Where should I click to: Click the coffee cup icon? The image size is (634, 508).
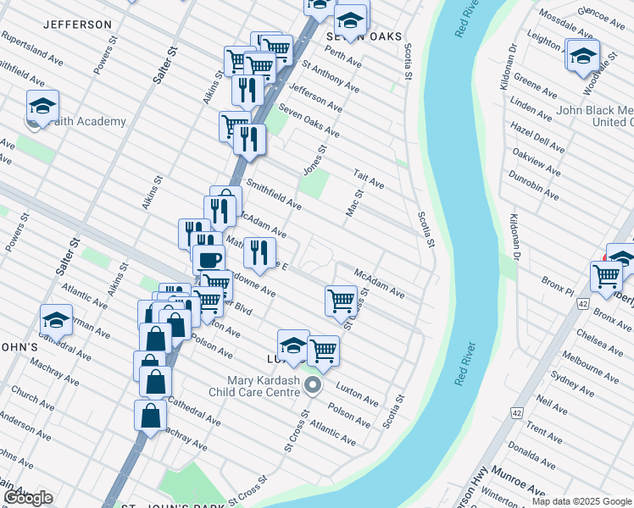tap(209, 259)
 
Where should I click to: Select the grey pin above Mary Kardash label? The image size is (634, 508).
tap(314, 387)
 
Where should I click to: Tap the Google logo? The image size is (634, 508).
tap(28, 498)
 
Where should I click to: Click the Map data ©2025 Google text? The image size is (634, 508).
tap(581, 501)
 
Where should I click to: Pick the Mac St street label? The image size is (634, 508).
tap(353, 204)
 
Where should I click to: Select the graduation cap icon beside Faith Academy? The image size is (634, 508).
tap(42, 107)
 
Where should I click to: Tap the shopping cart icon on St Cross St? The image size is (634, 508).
tap(341, 299)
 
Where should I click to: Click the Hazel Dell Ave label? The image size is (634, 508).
tap(537, 135)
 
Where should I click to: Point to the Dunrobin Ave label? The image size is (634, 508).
tap(533, 185)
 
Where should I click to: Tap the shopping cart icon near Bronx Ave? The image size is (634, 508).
tap(606, 276)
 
